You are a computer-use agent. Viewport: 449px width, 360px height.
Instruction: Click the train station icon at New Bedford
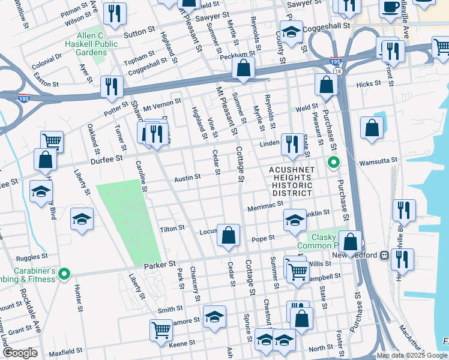coord(384,254)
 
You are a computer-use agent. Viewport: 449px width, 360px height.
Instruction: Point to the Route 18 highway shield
coord(338,71)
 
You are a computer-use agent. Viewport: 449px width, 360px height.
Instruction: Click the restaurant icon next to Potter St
coord(112,86)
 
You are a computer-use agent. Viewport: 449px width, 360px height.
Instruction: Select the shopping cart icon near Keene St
coord(161,329)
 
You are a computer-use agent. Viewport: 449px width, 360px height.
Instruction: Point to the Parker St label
coord(159,264)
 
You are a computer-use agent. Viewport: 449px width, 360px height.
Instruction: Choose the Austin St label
coord(187,178)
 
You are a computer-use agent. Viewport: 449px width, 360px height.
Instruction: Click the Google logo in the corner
coord(21,353)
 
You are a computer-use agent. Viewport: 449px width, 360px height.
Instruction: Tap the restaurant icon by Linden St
coord(292,144)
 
